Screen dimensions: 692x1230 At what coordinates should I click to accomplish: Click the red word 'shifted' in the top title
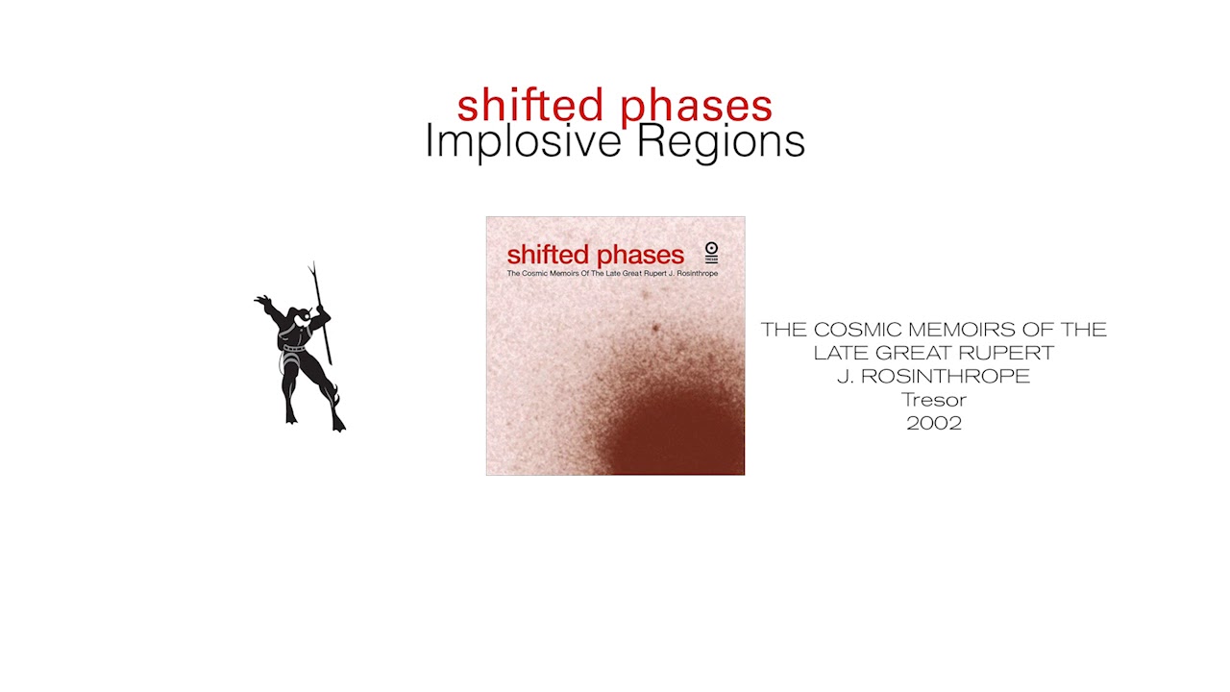point(529,106)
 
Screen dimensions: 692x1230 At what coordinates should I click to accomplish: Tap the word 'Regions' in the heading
point(721,142)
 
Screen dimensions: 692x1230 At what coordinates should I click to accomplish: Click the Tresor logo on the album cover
point(711,253)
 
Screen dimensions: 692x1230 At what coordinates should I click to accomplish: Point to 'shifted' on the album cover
point(547,255)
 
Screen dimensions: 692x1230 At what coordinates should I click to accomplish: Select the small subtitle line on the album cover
point(612,274)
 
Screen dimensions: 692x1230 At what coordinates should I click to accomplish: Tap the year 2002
point(934,423)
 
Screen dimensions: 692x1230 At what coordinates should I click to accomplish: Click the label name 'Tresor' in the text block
point(934,400)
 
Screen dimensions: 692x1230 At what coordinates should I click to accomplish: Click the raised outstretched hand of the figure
point(262,302)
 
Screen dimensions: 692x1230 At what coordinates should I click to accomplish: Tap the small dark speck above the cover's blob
point(656,329)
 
